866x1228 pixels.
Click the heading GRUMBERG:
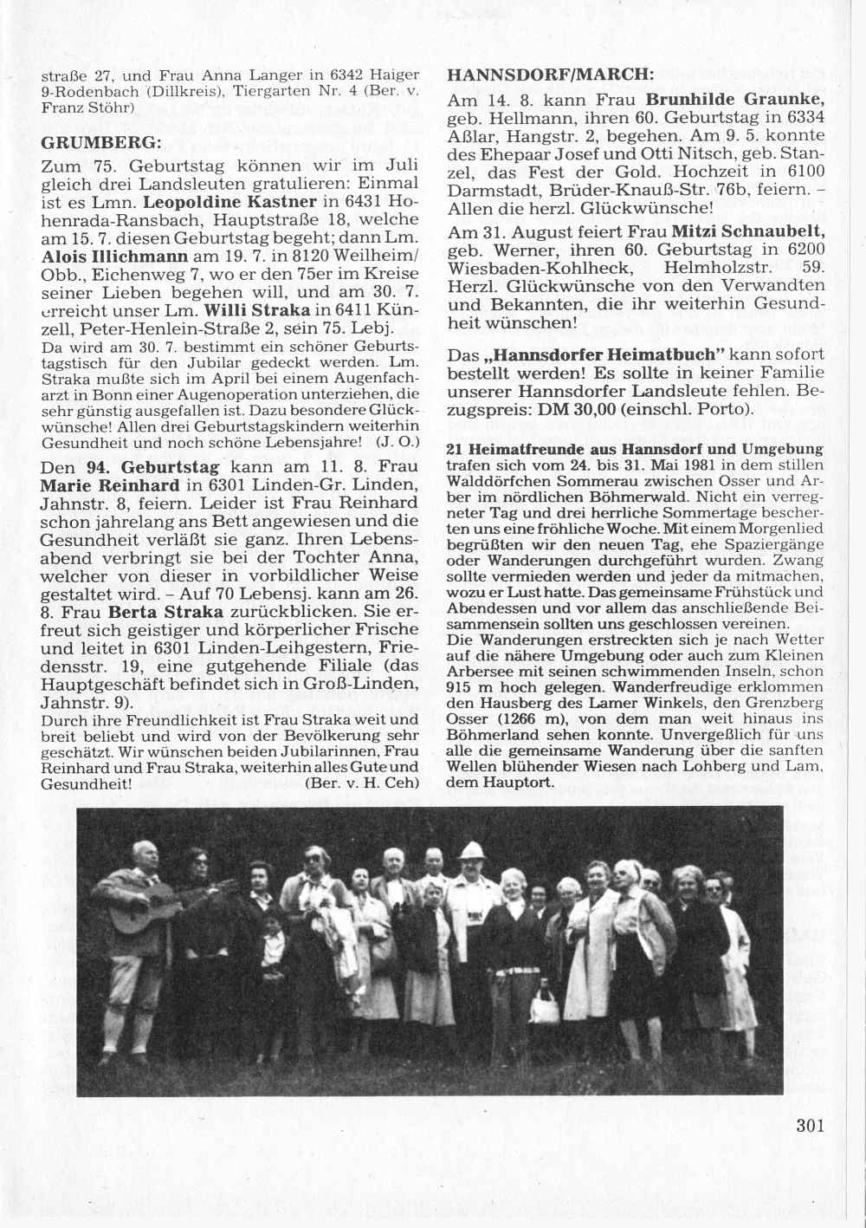coord(100,141)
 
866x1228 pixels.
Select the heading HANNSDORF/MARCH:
coord(550,75)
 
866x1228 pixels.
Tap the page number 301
coord(810,1126)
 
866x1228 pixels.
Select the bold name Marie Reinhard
coord(110,484)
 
